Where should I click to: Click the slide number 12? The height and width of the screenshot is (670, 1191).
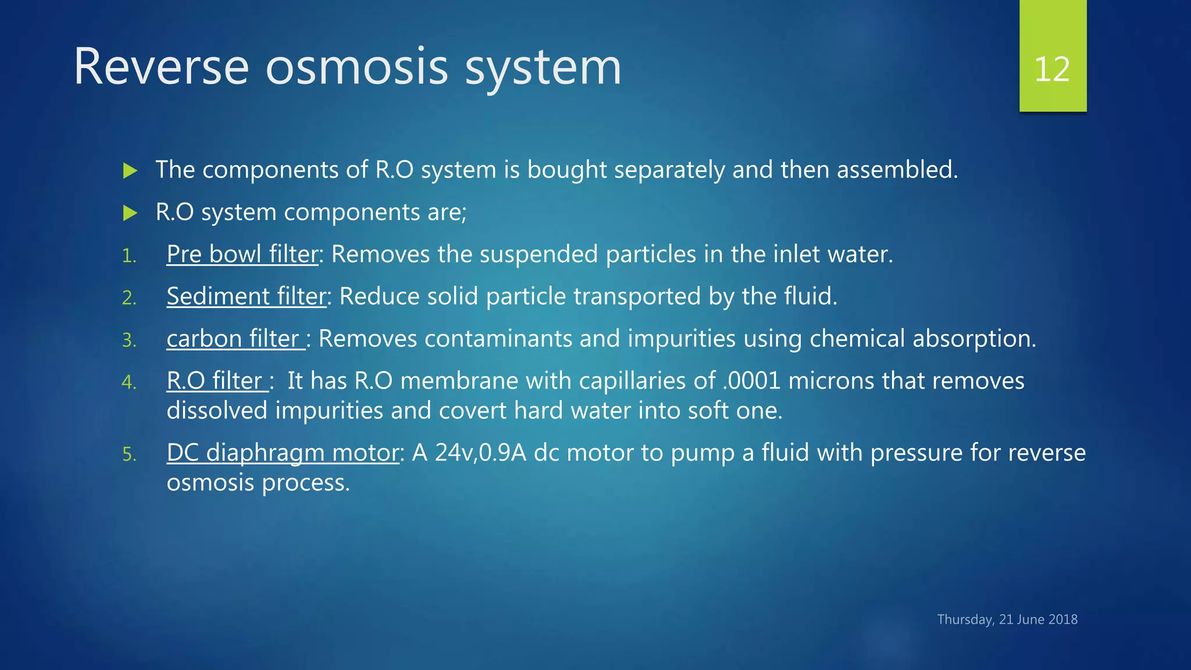click(1052, 70)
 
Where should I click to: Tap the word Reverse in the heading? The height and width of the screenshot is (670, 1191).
click(161, 67)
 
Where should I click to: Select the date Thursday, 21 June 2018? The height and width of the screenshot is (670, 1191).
click(1007, 619)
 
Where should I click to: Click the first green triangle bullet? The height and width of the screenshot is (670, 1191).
click(130, 171)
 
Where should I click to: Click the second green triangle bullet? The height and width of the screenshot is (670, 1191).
click(130, 213)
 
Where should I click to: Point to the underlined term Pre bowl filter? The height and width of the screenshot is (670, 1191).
click(242, 255)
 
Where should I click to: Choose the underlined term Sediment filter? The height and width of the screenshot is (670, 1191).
click(246, 297)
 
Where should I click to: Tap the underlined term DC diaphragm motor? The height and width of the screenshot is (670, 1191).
click(283, 453)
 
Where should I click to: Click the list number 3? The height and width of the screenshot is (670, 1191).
click(129, 340)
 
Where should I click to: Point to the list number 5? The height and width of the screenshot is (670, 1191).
click(129, 454)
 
